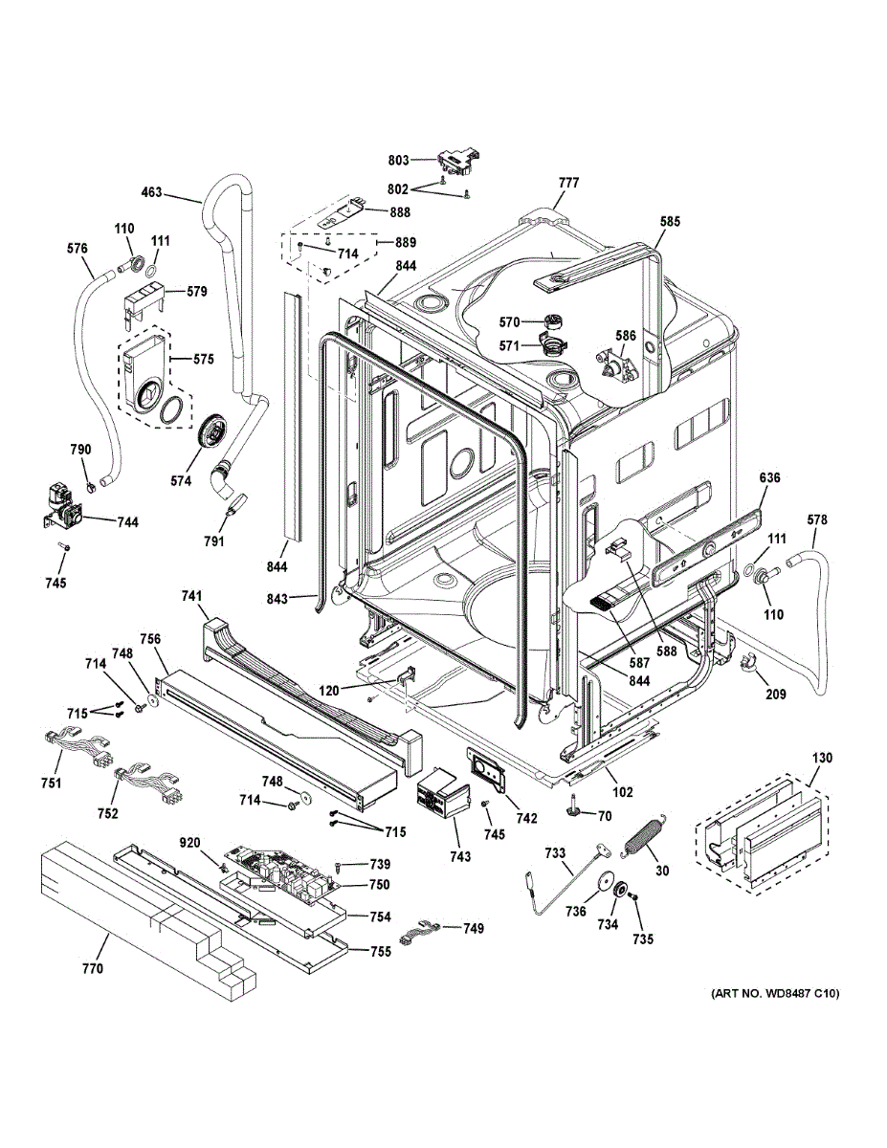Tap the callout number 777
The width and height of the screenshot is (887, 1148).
tap(568, 182)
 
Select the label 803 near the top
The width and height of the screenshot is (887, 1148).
tap(399, 160)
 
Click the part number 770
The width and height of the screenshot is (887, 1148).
tap(92, 969)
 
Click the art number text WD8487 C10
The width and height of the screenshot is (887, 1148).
tap(774, 994)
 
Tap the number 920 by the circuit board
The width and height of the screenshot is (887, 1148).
tap(190, 843)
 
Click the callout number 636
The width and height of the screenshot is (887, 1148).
tap(771, 476)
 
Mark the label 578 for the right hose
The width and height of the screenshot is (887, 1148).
tap(816, 519)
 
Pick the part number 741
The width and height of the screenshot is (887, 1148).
tap(192, 596)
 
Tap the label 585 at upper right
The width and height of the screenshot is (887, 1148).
tap(670, 222)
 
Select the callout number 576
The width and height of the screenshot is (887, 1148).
tap(78, 249)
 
